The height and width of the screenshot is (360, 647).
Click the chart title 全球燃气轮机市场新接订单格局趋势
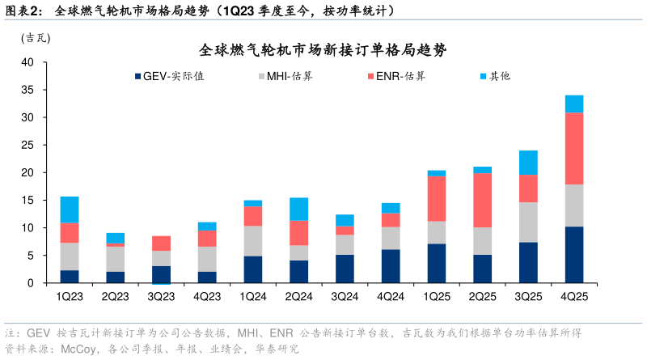point(323,49)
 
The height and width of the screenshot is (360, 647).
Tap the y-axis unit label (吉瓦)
point(34,37)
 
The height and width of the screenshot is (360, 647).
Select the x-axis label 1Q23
point(69,297)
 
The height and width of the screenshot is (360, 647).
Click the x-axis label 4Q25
point(574,297)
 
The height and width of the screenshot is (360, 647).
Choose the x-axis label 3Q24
point(345,297)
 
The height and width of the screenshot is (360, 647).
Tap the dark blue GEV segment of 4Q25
point(574,255)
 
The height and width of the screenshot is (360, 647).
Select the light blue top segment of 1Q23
point(69,210)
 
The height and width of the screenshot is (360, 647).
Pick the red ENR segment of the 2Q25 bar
point(482,200)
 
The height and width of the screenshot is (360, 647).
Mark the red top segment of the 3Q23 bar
point(161,243)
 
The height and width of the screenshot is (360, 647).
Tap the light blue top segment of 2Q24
point(298,209)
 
